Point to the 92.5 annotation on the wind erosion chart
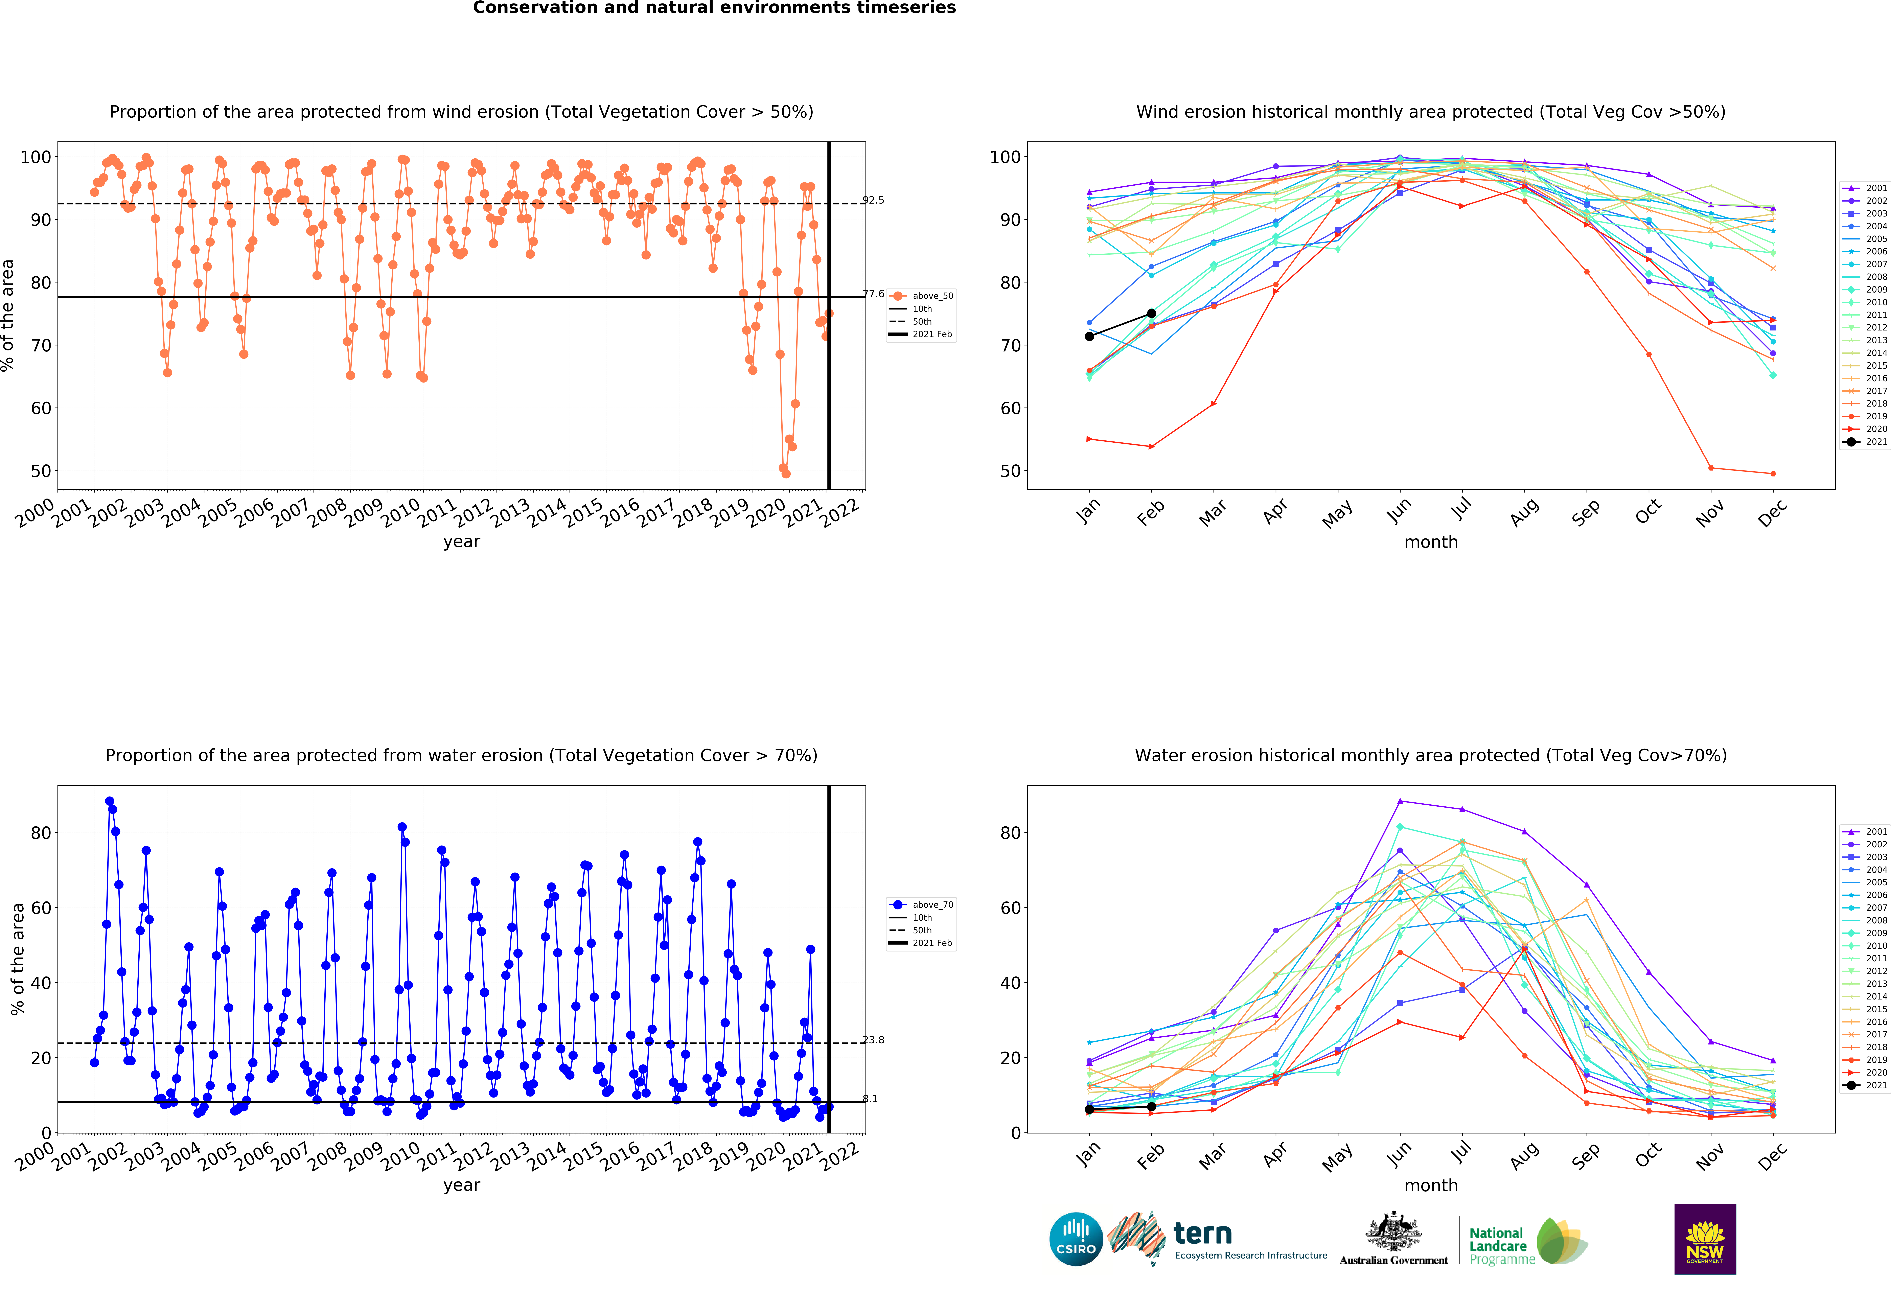(x=873, y=200)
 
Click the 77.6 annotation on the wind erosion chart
(x=873, y=294)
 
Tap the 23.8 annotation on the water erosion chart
(x=873, y=1040)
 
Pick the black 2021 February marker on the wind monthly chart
(x=1151, y=313)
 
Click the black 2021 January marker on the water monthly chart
(x=1089, y=1109)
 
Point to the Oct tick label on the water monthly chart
(x=1648, y=1155)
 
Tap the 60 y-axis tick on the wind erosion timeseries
(x=41, y=409)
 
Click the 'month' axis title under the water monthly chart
(x=1431, y=1186)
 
